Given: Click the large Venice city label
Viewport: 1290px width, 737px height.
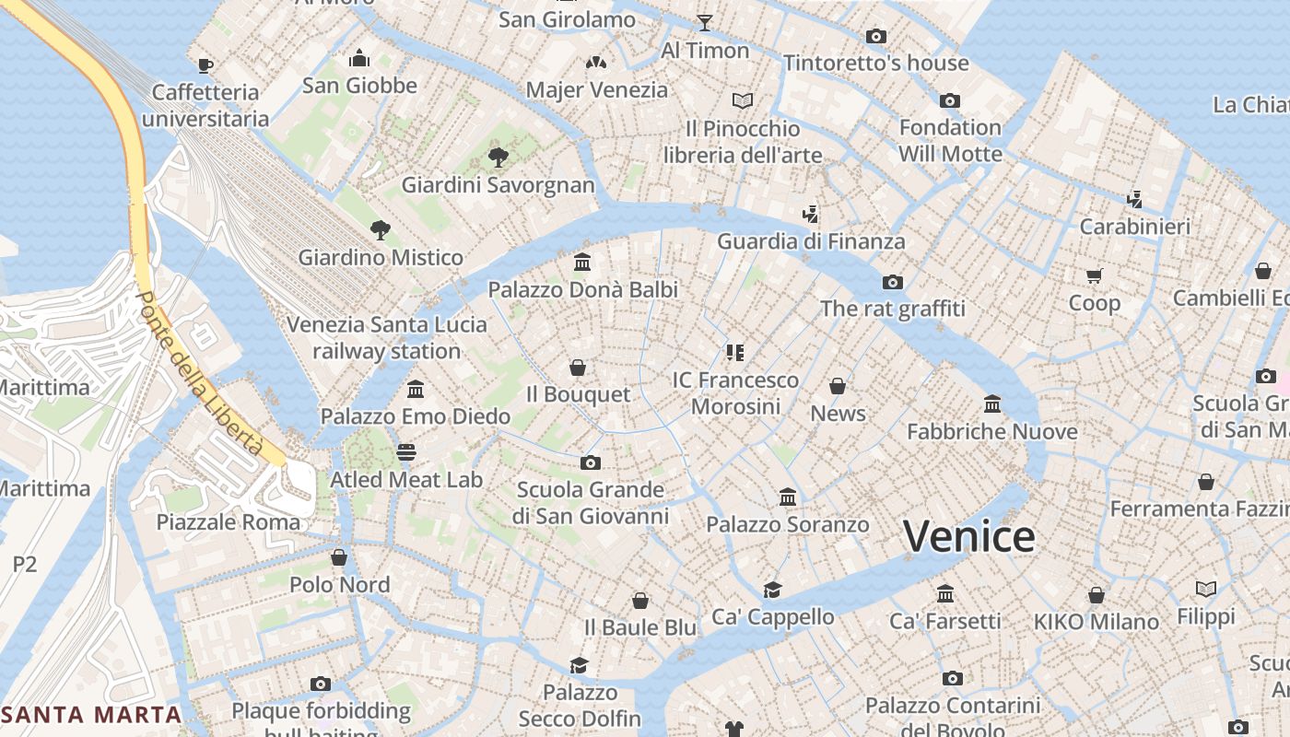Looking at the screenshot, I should (x=968, y=537).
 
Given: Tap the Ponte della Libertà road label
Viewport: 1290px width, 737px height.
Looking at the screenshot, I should (x=198, y=373).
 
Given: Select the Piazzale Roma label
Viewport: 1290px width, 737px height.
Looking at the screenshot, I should (x=228, y=522).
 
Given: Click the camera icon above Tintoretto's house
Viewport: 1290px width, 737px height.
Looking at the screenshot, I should (x=876, y=37).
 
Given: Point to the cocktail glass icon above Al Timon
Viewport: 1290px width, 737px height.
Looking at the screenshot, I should (x=705, y=23).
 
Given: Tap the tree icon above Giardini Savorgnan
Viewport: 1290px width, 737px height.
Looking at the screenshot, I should (x=498, y=158).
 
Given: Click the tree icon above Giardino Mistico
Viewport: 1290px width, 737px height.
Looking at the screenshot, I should (x=380, y=230).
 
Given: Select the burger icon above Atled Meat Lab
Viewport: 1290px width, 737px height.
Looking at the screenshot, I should (x=406, y=452).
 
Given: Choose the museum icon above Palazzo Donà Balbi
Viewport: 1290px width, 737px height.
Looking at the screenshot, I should (x=582, y=263).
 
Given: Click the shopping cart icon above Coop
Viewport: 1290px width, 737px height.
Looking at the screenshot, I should (x=1095, y=275).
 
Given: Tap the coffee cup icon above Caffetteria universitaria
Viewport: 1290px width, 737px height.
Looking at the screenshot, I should (x=205, y=65).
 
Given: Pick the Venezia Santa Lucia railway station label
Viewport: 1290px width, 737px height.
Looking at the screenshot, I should (x=386, y=338).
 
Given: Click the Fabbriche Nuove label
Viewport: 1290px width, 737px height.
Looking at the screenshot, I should (x=991, y=432).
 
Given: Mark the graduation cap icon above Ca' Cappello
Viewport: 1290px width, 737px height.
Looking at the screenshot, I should (x=772, y=590).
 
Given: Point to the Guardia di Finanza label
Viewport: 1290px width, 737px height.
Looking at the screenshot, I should (x=811, y=242).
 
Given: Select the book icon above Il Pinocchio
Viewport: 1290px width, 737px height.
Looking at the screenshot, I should (x=743, y=100).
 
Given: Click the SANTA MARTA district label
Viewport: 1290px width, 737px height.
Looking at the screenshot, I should (x=92, y=714).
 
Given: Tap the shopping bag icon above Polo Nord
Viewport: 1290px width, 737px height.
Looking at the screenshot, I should (x=339, y=557).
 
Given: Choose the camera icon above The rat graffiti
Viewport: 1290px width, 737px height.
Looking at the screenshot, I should (x=892, y=282).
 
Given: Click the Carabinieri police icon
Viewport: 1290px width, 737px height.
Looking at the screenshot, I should (x=1135, y=199).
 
